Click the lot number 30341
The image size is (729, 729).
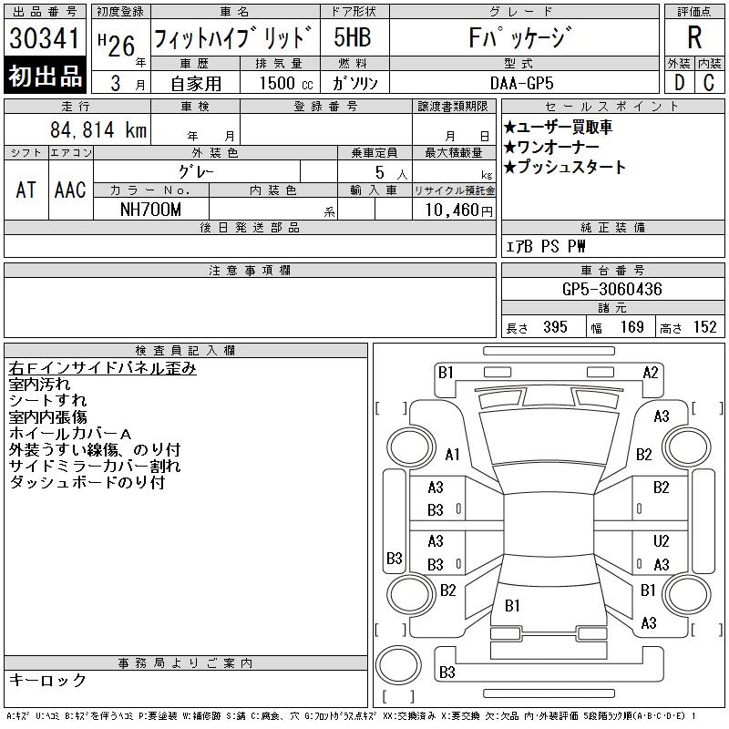coord(44,38)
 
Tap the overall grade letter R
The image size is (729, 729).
coord(694,37)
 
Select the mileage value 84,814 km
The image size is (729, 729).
coord(98,129)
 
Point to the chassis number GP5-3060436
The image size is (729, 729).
coord(611,289)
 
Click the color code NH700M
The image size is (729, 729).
coord(150,210)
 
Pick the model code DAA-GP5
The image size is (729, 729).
coord(521,83)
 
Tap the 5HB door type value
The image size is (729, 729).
coord(353,37)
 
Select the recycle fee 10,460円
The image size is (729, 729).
coord(458,210)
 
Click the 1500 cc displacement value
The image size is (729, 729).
coord(286,83)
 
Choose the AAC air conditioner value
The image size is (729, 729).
coord(70,190)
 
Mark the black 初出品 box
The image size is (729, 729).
coord(45,76)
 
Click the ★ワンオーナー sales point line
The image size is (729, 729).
coord(551,147)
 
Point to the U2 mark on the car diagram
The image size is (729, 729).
coord(661,540)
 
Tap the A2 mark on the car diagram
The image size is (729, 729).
coord(651,373)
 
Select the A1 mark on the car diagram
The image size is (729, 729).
coord(452,454)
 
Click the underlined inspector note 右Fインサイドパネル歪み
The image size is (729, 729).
coord(102,368)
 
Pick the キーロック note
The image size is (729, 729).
coord(47,680)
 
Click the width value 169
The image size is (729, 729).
coord(631,327)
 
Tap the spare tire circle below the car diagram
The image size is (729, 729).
coord(398,665)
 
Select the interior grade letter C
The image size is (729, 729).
coord(709,83)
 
